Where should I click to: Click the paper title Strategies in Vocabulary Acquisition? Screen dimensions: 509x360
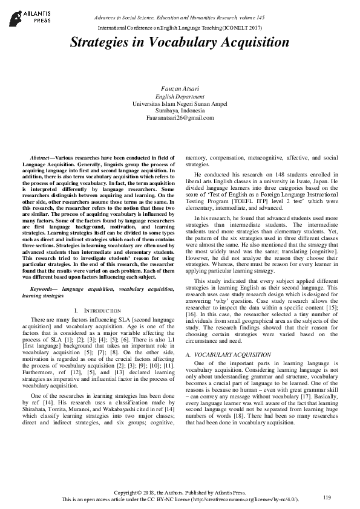click(180, 42)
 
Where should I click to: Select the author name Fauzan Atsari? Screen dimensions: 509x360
click(180, 88)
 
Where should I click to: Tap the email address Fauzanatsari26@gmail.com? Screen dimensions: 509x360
click(180, 118)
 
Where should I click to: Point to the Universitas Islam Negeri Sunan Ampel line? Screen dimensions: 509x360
click(180, 103)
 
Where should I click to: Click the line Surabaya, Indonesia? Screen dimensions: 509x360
click(180, 111)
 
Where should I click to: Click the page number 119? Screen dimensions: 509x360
click(327, 497)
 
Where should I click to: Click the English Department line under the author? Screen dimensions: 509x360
click(180, 96)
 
